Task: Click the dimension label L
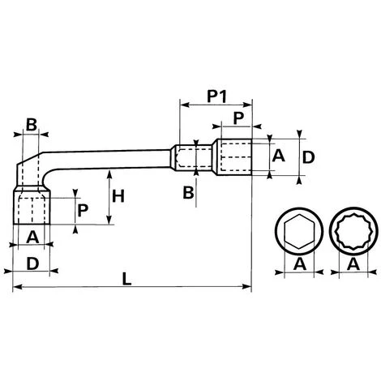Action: click(126, 279)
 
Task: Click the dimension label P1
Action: click(216, 96)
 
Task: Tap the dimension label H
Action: click(118, 196)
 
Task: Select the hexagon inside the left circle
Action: click(299, 231)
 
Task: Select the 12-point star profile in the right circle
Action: click(353, 231)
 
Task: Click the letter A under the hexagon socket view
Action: click(300, 264)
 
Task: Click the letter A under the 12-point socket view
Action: click(353, 264)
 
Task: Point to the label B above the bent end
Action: click(32, 125)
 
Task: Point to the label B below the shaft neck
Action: click(188, 193)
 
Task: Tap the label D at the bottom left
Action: click(32, 263)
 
